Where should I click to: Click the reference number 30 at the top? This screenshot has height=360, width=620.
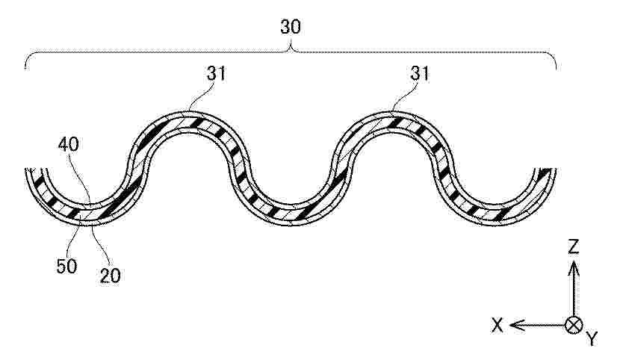coord(291,27)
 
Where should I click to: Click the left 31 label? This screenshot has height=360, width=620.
coord(217,73)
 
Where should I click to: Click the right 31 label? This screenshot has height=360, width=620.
coord(420,73)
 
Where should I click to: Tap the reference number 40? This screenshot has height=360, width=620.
coord(69,145)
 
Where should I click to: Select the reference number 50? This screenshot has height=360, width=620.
coord(66,267)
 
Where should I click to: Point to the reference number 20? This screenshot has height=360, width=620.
coord(110,276)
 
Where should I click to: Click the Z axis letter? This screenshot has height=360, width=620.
coord(573,246)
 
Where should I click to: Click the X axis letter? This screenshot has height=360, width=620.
coord(497,326)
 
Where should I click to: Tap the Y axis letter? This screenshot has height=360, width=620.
coord(592,339)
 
